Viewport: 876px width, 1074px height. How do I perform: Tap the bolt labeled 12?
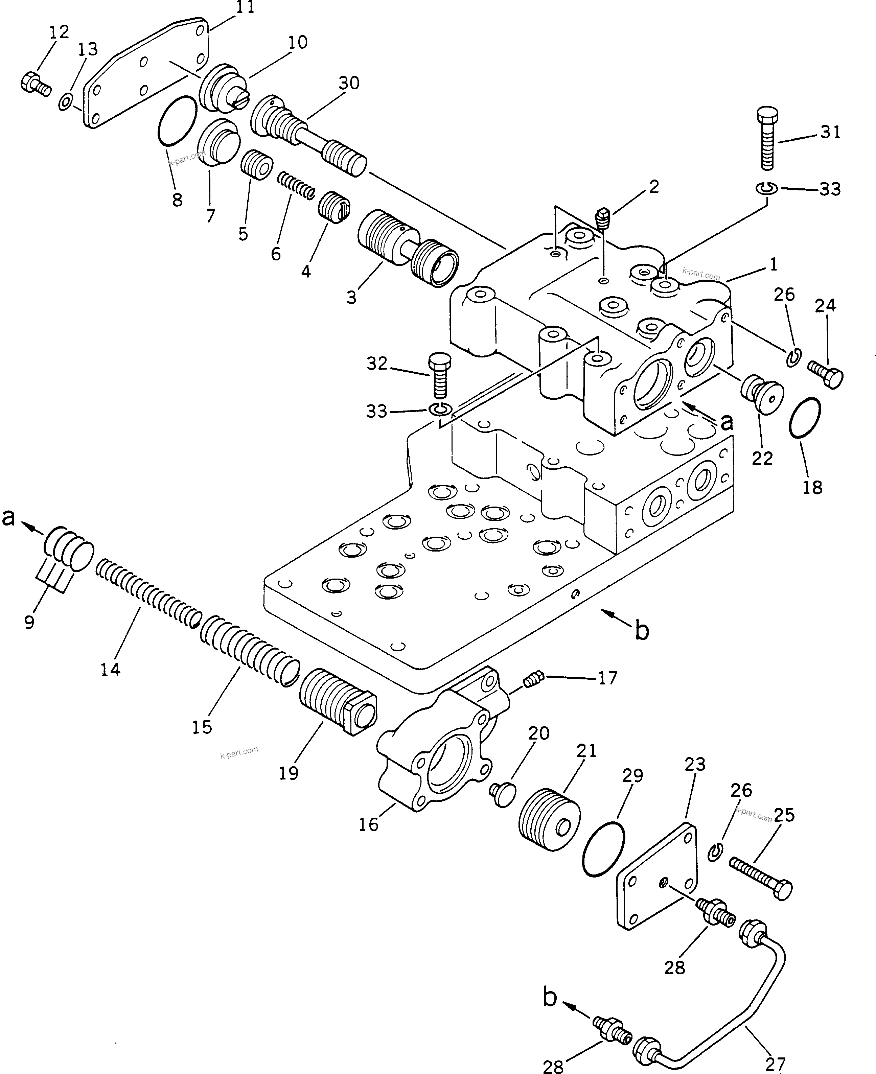pos(35,84)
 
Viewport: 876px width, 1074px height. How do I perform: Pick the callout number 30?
pos(349,83)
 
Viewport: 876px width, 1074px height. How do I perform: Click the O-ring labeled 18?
pos(804,418)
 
